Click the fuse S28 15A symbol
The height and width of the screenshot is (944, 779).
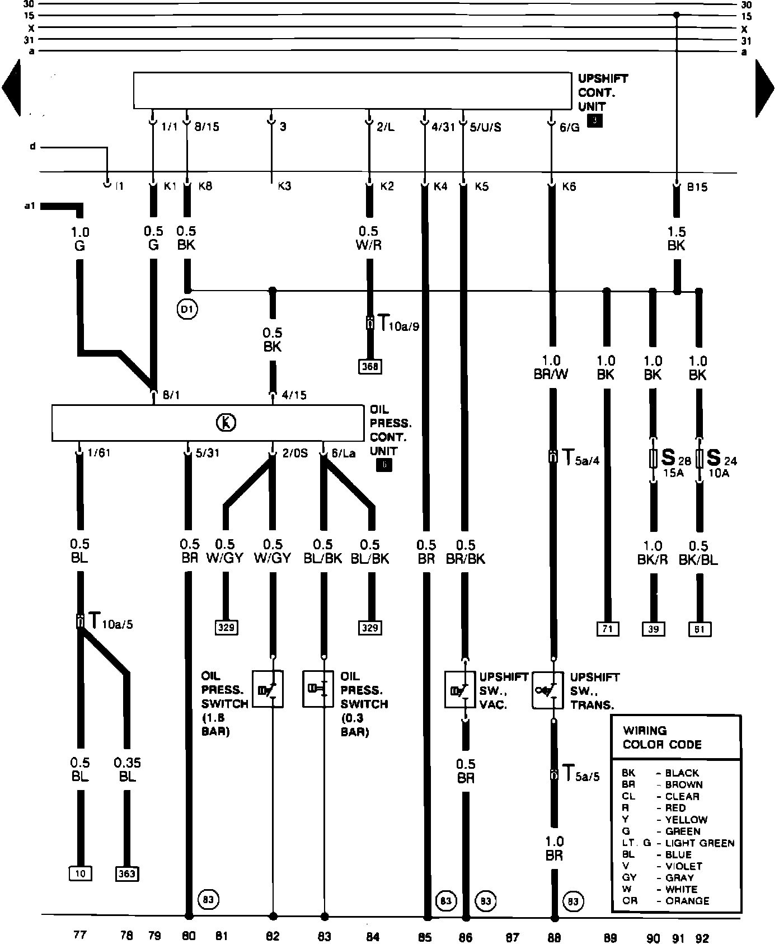point(652,459)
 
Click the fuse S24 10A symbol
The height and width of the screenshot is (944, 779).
point(698,459)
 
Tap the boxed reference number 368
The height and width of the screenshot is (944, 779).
point(370,367)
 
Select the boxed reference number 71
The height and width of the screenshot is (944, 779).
point(607,629)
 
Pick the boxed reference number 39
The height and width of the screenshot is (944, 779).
point(653,629)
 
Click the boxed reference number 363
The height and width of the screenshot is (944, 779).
point(127,873)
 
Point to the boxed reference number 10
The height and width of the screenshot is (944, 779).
point(80,873)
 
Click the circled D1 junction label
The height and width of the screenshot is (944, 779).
point(188,309)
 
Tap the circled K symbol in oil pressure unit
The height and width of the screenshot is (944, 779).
point(226,423)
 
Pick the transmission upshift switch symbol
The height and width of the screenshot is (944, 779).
point(547,690)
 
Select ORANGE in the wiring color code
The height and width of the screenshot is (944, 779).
point(687,901)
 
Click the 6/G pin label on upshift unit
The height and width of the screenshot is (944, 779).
point(570,127)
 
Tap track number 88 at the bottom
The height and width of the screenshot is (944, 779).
point(554,937)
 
